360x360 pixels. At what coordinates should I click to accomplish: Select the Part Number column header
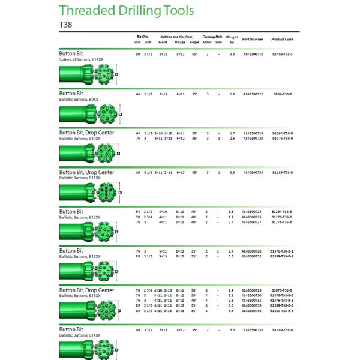pos(253,39)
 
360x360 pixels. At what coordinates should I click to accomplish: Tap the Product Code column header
pos(282,39)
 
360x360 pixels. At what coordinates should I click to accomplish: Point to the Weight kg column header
pos(232,41)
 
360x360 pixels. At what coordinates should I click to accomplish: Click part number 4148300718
pos(253,54)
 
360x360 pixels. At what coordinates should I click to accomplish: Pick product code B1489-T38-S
pos(283,54)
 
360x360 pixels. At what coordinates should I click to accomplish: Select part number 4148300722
pos(253,94)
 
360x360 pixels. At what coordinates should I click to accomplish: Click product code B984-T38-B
pos(283,94)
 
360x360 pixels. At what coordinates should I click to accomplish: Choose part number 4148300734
pos(253,172)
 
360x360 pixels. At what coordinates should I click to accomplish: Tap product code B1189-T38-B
pos(283,172)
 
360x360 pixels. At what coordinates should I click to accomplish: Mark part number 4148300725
pos(253,217)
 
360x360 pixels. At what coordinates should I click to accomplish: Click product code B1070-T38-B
pos(283,290)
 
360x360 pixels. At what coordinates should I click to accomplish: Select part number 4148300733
pos(253,330)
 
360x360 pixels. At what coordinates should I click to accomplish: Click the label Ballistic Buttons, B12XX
pos(80,217)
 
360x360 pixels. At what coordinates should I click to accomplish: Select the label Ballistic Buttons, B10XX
pos(80,138)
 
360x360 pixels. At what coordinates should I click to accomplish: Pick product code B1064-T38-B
pos(283,133)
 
